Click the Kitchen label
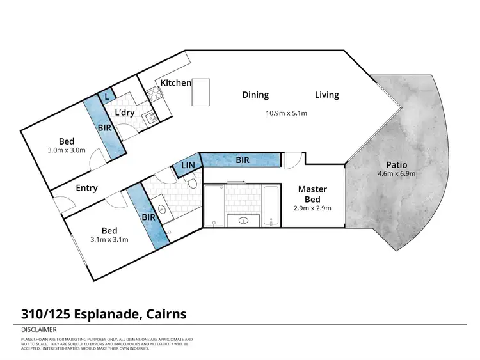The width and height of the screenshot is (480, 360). [x=175, y=83]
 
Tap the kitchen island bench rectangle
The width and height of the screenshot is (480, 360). [x=201, y=92]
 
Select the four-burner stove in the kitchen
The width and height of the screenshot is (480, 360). [x=154, y=95]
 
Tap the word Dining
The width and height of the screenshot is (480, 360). [x=255, y=95]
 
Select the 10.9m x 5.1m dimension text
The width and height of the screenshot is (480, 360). [x=287, y=114]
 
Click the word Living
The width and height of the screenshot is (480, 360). [x=326, y=95]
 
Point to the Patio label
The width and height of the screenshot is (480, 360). [x=397, y=164]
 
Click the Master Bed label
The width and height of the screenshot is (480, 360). [x=313, y=194]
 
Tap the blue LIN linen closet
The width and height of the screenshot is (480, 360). [x=187, y=166]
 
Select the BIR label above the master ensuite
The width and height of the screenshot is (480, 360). [x=242, y=160]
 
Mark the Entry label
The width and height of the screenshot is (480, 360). [x=86, y=188]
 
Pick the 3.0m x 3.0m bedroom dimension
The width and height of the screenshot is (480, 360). [x=67, y=152]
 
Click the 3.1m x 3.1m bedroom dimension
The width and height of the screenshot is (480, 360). [x=110, y=240]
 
